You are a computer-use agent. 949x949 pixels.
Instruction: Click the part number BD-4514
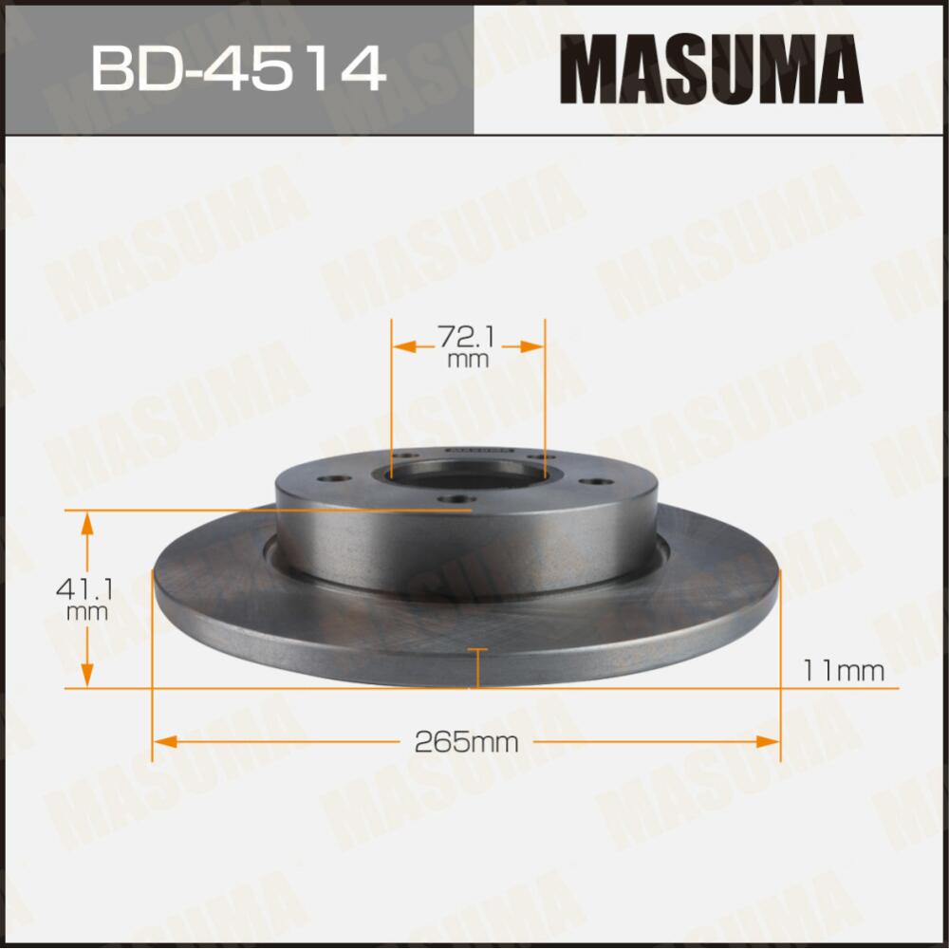point(237,69)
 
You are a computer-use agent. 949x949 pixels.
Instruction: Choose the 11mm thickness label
point(843,671)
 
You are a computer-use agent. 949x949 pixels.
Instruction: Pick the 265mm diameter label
point(467,742)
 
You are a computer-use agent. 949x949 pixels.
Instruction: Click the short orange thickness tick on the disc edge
point(477,666)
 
